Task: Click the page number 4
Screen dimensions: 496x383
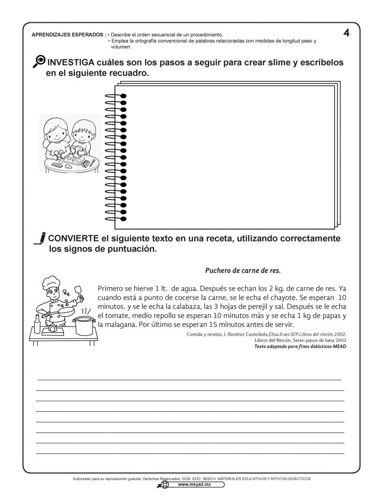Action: [346, 33]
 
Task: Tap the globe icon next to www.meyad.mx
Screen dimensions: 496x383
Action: [165, 484]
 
